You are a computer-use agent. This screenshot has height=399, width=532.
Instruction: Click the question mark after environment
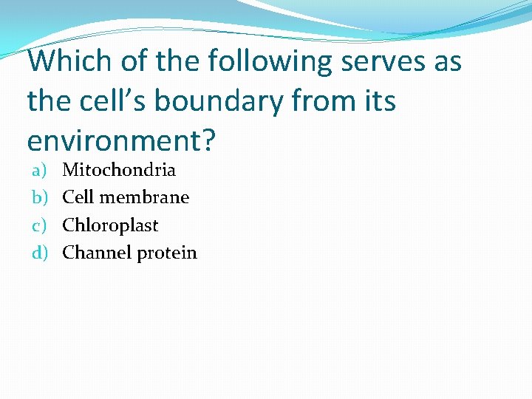208,139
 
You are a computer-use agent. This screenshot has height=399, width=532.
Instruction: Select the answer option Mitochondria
119,170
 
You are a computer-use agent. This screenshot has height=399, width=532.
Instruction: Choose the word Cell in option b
78,197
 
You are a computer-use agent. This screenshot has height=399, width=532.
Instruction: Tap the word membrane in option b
144,197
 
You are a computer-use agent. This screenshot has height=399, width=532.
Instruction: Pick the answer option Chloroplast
110,225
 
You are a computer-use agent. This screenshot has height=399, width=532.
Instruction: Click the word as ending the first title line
447,61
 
